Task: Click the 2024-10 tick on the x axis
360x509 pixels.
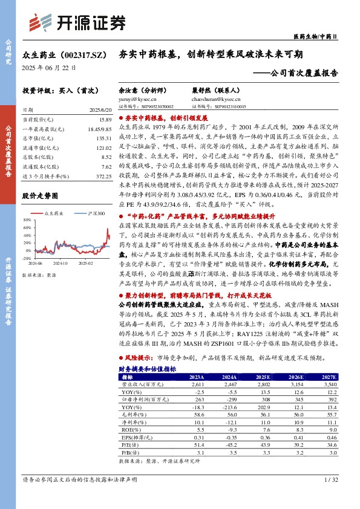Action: point(59,264)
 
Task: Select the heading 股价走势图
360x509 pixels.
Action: point(39,196)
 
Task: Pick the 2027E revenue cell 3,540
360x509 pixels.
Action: point(329,384)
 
